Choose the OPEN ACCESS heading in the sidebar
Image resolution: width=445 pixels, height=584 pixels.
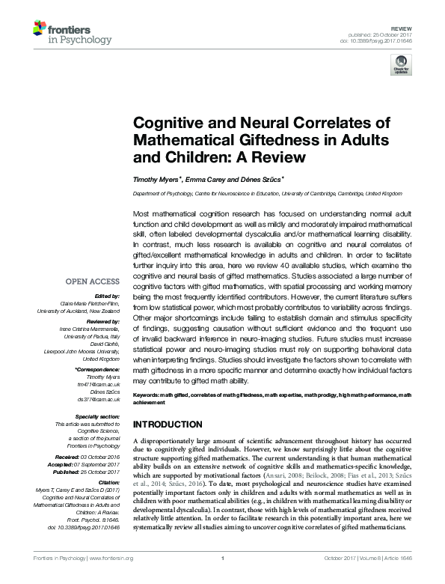tap(93, 282)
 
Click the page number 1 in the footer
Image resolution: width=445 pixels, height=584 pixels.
tap(223, 578)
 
